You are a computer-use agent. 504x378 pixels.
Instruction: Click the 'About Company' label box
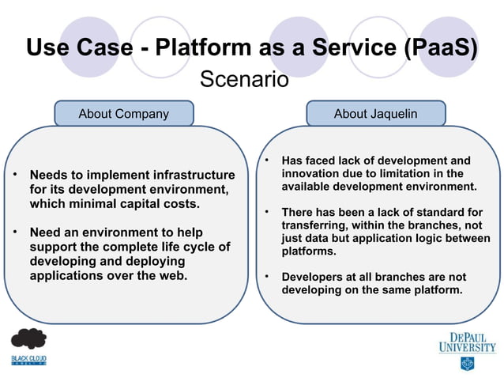(x=123, y=114)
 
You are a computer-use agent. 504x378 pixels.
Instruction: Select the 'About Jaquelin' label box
(x=375, y=114)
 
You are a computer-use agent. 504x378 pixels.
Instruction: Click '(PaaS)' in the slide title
(x=439, y=48)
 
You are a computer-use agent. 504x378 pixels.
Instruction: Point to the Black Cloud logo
(x=28, y=349)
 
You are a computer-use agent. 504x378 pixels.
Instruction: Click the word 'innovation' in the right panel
(x=314, y=173)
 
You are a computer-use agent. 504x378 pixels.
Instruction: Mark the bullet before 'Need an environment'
(x=13, y=232)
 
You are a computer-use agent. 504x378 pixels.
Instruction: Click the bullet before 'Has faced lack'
(x=267, y=160)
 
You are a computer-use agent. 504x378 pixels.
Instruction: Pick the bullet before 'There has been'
(x=267, y=212)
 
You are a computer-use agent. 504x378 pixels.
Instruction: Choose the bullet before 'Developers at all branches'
(x=267, y=277)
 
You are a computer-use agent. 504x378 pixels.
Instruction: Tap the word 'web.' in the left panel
(x=174, y=276)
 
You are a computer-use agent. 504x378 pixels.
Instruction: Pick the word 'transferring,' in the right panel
(x=316, y=225)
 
